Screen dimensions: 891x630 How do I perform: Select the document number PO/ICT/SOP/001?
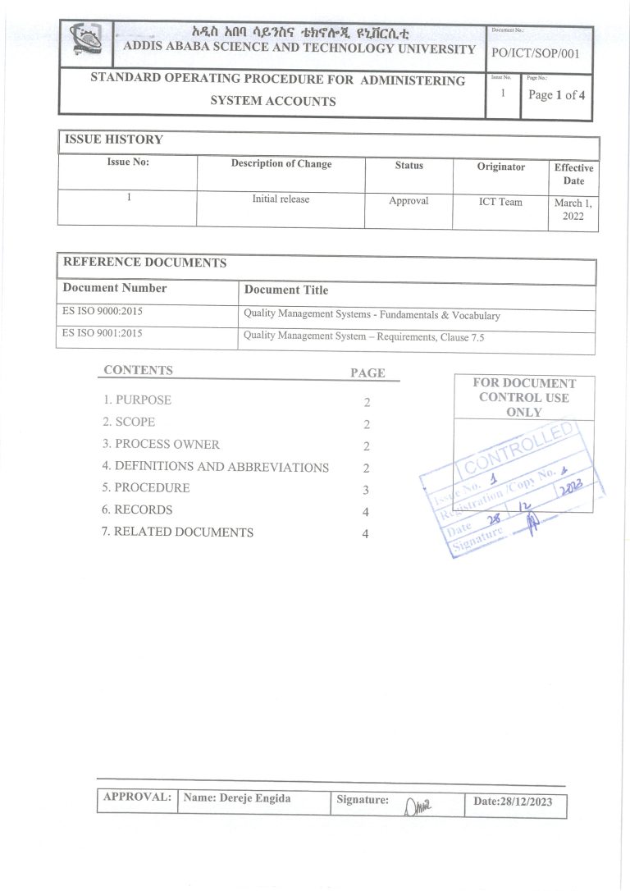tap(539, 54)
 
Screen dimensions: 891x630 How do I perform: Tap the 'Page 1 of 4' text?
tap(557, 95)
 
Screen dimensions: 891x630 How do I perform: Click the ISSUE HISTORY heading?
tap(113, 139)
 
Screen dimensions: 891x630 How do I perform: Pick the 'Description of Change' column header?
tap(281, 164)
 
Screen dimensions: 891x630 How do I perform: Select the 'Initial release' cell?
tap(281, 199)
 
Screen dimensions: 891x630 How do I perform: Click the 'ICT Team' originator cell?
tap(500, 201)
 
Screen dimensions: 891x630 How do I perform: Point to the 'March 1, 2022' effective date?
tap(573, 210)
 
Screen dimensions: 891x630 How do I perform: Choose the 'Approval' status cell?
tap(409, 201)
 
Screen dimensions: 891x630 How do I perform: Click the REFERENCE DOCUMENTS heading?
tap(144, 263)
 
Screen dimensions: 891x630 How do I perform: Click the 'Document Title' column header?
tap(285, 290)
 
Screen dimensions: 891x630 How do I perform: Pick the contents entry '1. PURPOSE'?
tap(137, 400)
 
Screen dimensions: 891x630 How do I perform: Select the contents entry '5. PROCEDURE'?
tap(146, 488)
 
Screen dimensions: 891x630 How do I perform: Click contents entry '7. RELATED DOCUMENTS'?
tap(178, 532)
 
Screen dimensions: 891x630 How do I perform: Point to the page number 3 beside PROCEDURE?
tap(366, 491)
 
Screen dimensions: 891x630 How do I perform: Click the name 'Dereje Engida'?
tap(237, 797)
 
